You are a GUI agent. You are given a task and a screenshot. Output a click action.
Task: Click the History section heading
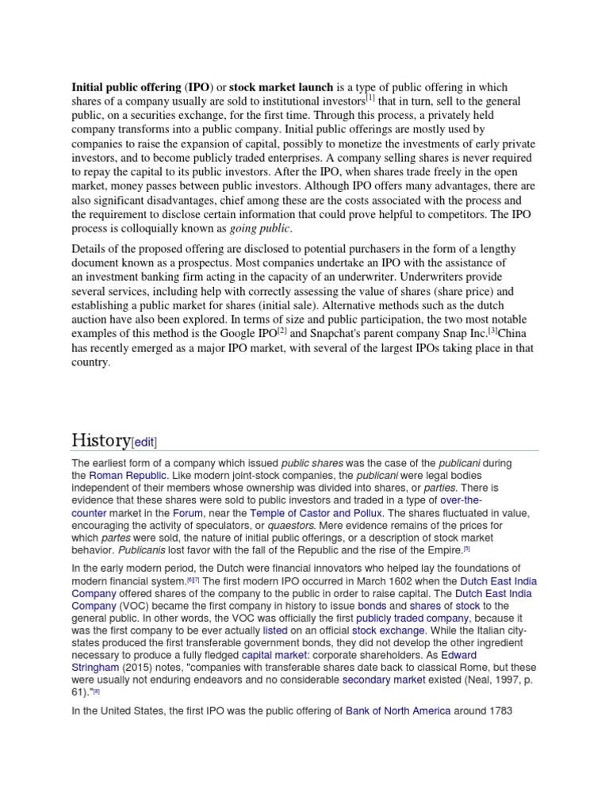(101, 440)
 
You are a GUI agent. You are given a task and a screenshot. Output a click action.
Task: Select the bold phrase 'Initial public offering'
(126, 87)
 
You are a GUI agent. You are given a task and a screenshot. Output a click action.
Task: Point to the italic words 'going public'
(260, 229)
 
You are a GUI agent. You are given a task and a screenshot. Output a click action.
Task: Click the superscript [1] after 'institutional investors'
(370, 98)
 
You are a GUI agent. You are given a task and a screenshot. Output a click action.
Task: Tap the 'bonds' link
(372, 606)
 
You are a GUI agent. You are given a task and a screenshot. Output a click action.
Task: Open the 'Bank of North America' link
(398, 711)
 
